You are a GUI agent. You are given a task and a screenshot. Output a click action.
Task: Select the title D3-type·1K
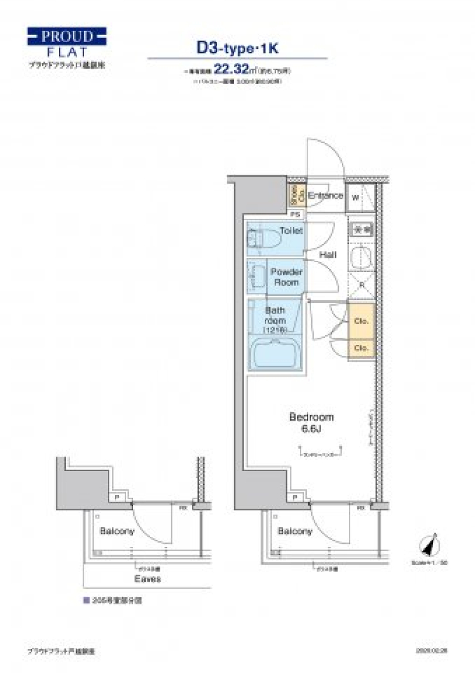[x=237, y=48]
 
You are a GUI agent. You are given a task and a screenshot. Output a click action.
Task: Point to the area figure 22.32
[x=231, y=70]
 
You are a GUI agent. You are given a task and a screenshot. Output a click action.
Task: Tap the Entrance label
[x=325, y=195]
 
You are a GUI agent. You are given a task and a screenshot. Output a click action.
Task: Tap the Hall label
[x=328, y=255]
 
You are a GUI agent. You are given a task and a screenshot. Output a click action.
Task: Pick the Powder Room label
[x=286, y=277]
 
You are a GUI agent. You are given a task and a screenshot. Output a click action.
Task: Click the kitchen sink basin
[x=361, y=257]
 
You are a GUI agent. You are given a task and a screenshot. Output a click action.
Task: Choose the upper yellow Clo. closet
[x=361, y=321]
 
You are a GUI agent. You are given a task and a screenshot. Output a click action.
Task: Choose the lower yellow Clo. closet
[x=361, y=348]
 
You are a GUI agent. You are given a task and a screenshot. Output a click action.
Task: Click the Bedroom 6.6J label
[x=311, y=423]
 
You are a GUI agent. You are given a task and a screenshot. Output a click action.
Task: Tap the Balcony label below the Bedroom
[x=295, y=531]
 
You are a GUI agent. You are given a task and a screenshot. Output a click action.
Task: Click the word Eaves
[x=147, y=578]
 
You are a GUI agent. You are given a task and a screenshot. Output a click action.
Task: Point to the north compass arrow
[x=429, y=545]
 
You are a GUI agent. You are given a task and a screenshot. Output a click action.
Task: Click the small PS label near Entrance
[x=295, y=214]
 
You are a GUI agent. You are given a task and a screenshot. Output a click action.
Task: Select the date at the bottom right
[x=431, y=651]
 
